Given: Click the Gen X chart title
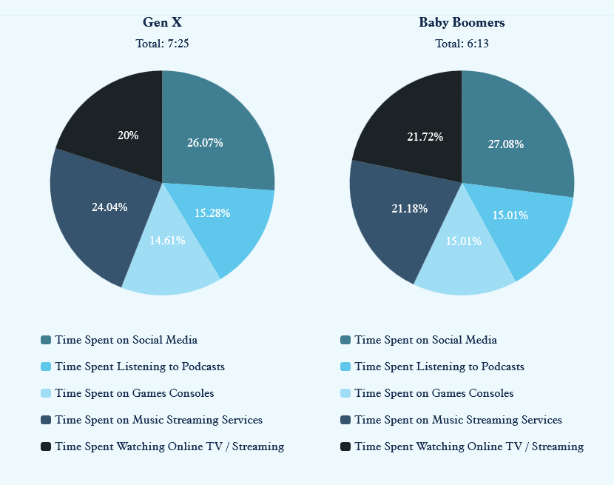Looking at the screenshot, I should pos(162,22).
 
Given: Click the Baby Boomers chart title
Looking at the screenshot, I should pos(462,22).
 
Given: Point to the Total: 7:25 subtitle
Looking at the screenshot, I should pos(162,44).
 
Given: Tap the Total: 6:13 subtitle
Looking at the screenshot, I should pos(462,44).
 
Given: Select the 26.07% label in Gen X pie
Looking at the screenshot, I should pos(205,142).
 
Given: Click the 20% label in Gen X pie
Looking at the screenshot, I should pos(128,136).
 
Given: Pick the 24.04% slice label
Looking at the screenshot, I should pos(109,207).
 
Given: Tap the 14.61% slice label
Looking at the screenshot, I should pos(167,240).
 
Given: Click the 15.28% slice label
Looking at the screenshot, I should pos(212,213).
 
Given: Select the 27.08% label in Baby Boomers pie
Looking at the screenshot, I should pos(506,144).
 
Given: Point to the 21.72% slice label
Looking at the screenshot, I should pos(425,137).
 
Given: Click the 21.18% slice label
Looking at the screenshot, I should pos(410,209).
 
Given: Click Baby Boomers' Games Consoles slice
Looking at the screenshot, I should pos(464,255).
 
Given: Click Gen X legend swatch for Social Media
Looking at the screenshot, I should pos(46,340).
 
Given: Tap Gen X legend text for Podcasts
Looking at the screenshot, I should pos(140,367).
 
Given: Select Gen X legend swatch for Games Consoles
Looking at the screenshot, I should pos(46,393).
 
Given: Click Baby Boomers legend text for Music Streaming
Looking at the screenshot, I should pos(458,420).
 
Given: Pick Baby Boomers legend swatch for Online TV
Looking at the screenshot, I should pos(345,446).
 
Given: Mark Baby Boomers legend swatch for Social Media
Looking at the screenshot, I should pos(345,340).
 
